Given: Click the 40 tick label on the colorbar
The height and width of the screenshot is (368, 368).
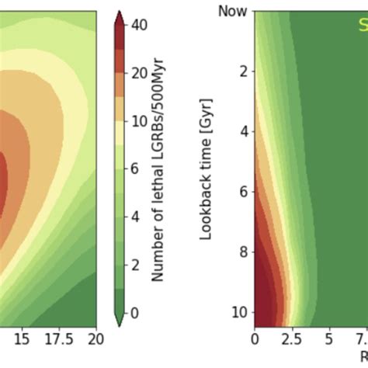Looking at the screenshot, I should click(140, 25).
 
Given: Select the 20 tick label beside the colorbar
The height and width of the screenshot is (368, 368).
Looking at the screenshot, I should click(140, 73).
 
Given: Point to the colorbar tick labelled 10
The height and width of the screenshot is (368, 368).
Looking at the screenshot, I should click(140, 121).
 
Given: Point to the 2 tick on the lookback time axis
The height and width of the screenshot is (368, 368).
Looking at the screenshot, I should click(243, 71).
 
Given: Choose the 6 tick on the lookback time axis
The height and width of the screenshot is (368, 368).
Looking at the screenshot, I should click(243, 192).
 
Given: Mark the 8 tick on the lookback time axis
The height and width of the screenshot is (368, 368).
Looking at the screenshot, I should click(243, 252).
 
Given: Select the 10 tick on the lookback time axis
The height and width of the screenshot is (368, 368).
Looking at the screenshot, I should click(240, 311).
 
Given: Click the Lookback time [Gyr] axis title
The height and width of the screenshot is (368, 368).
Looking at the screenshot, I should click(206, 168).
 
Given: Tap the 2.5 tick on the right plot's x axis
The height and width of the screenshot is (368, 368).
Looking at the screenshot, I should click(291, 340).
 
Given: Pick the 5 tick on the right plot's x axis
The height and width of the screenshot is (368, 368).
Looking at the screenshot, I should click(328, 340).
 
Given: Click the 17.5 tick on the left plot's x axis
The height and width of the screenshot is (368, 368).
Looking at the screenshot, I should click(59, 340).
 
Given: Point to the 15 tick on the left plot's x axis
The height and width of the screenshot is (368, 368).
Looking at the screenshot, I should click(22, 340).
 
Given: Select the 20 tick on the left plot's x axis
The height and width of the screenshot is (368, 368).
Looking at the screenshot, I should click(95, 340).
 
